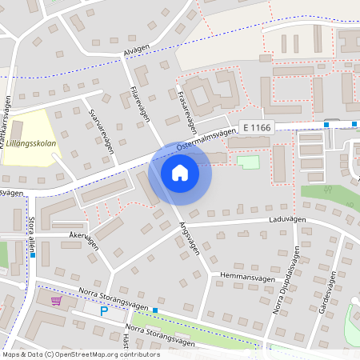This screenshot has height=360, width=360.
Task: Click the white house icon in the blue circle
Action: click(180, 173)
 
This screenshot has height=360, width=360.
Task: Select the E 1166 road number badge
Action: click(255, 127)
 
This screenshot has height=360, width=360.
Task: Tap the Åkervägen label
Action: click(82, 240)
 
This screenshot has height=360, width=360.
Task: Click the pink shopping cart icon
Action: click(56, 301)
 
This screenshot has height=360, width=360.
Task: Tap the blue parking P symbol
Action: click(103, 310)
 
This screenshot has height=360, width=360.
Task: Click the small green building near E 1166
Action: click(249, 162)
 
